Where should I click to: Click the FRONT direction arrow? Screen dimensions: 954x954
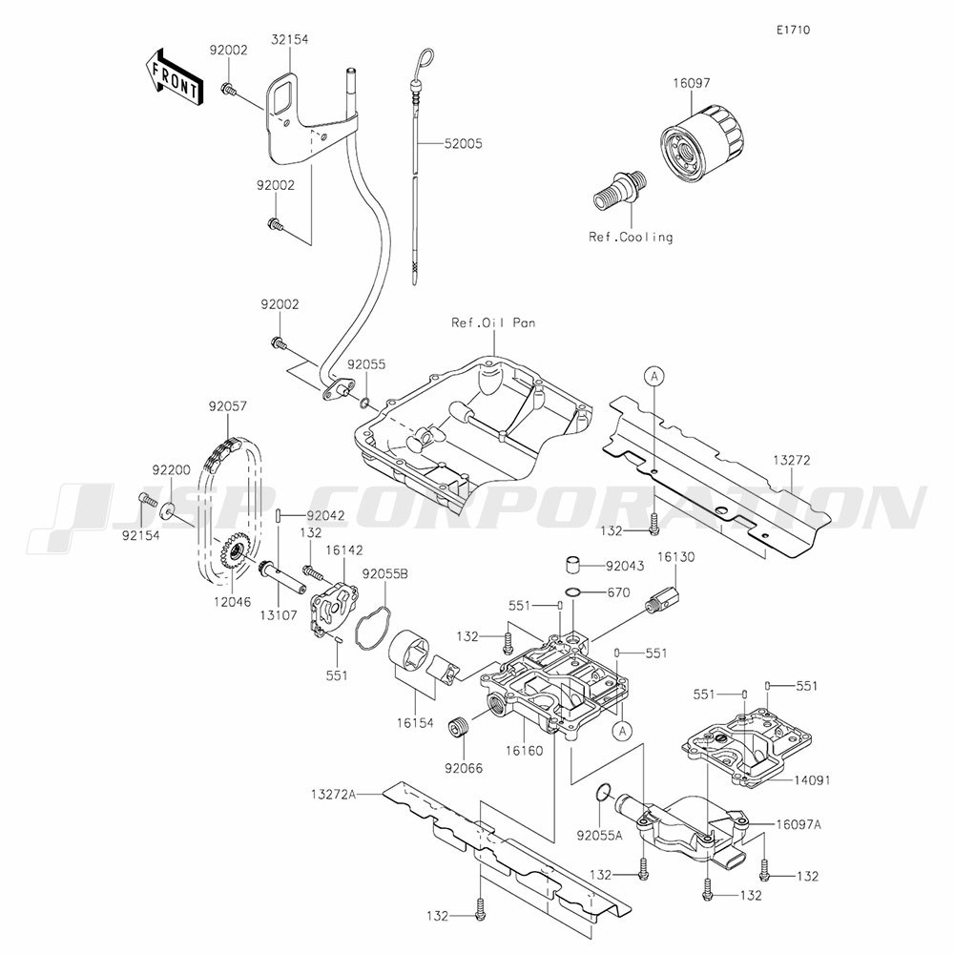(x=174, y=77)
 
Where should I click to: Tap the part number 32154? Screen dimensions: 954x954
(x=290, y=39)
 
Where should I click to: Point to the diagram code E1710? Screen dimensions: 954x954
(x=793, y=30)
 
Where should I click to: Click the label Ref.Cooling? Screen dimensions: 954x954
(x=631, y=237)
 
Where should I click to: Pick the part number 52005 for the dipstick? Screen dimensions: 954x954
(x=463, y=144)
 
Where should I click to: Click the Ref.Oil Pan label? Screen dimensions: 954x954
(x=493, y=322)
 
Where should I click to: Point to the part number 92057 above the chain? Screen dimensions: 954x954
(x=228, y=405)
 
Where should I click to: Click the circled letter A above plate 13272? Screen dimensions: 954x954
(x=654, y=377)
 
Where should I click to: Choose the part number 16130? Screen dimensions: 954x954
(x=675, y=557)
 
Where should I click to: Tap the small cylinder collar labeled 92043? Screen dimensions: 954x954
(x=571, y=564)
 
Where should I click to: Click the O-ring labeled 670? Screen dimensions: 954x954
(x=573, y=592)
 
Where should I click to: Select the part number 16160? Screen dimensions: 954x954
(x=524, y=751)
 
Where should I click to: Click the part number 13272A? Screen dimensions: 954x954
(x=333, y=794)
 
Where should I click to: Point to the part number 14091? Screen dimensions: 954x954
(x=812, y=780)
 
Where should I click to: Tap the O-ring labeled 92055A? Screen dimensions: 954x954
(x=602, y=792)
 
